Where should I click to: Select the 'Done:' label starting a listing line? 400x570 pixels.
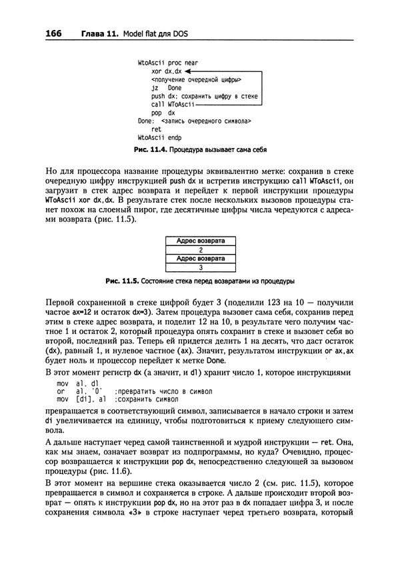(x=146, y=122)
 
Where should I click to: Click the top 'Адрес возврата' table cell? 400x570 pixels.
(x=200, y=240)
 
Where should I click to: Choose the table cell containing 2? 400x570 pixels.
(x=200, y=249)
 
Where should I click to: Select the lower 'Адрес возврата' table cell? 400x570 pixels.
(x=200, y=258)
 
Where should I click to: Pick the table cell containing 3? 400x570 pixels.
(x=200, y=267)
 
